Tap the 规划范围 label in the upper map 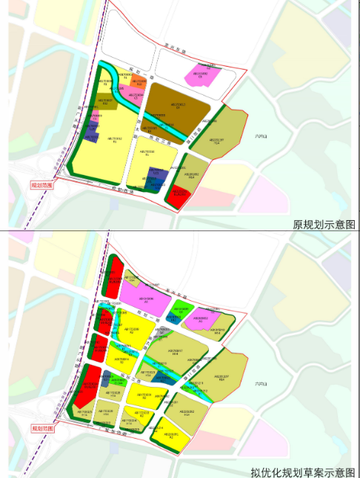click(x=41, y=185)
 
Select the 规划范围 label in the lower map click(x=41, y=428)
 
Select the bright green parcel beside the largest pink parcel click(x=181, y=311)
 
